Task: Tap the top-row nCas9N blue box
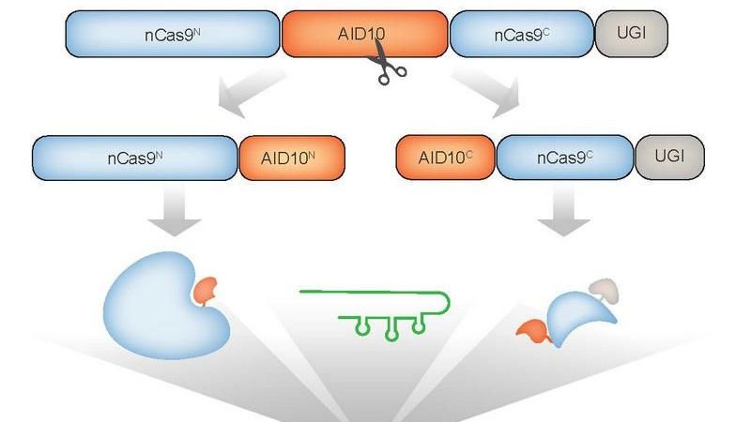point(173,35)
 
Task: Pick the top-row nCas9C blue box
point(521,35)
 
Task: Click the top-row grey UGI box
point(632,35)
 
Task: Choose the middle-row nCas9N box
point(135,158)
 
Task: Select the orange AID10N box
point(290,158)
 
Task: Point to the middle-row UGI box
point(669,158)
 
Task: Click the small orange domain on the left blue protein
point(206,292)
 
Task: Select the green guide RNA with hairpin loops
point(375,310)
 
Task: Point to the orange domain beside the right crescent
point(532,329)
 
